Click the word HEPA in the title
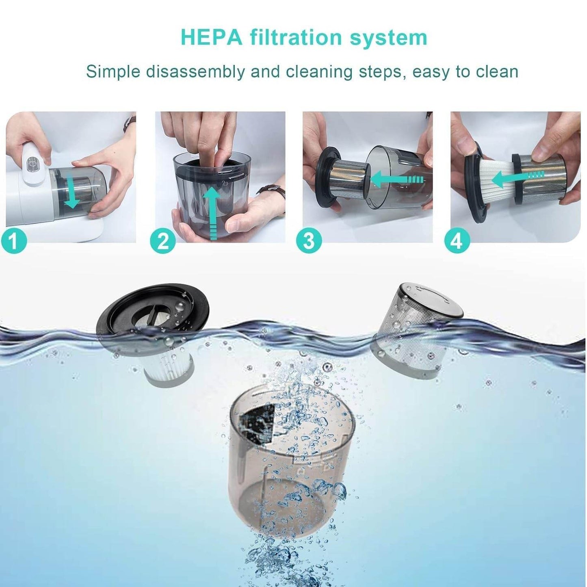pyautogui.click(x=211, y=37)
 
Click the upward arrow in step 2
pyautogui.click(x=212, y=211)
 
